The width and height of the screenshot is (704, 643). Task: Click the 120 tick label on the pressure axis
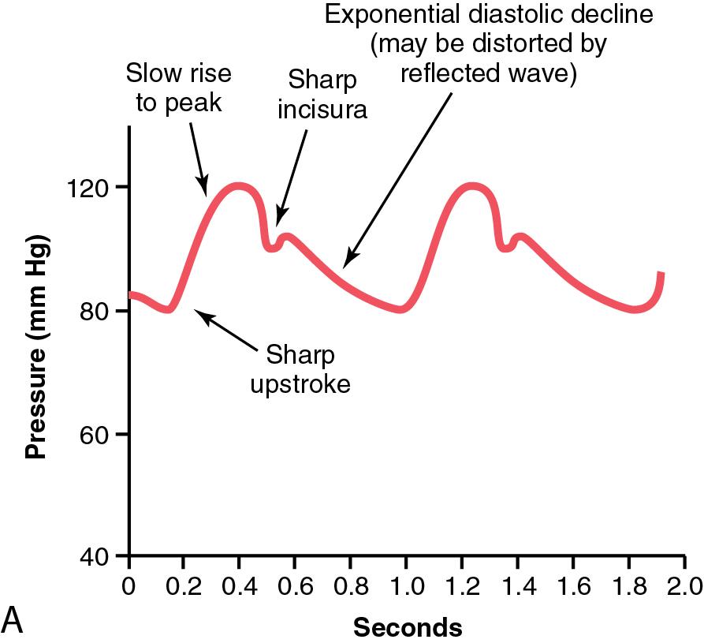tap(91, 188)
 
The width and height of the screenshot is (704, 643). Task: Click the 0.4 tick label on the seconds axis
tap(239, 587)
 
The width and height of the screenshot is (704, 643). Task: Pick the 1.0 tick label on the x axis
tap(405, 587)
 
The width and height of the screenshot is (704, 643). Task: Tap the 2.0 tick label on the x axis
tap(684, 587)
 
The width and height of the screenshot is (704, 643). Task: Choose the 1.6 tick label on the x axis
tap(572, 587)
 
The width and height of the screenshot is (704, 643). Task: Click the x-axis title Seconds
tap(407, 627)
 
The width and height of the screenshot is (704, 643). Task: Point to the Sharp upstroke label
tap(300, 369)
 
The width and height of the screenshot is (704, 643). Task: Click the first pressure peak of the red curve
tap(238, 187)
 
